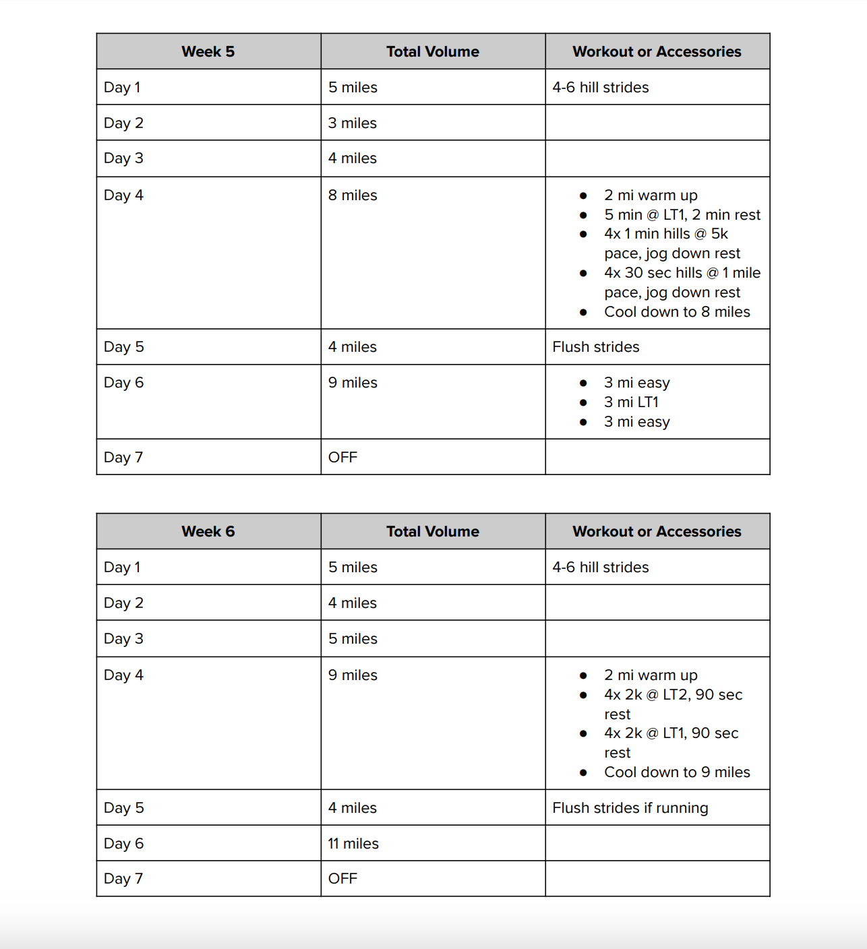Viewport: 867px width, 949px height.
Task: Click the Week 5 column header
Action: pyautogui.click(x=208, y=52)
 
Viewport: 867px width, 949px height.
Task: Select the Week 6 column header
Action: pyautogui.click(x=208, y=532)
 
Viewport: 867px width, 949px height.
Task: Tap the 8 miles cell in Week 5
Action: pyautogui.click(x=353, y=195)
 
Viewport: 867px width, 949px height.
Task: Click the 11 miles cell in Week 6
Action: pyautogui.click(x=353, y=844)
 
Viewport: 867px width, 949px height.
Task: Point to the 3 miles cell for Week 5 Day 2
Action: pyautogui.click(x=352, y=123)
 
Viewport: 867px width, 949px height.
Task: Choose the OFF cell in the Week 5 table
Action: pyautogui.click(x=342, y=458)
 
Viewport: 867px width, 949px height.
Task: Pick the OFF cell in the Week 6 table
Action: pyautogui.click(x=342, y=879)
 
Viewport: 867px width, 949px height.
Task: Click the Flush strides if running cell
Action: pyautogui.click(x=630, y=808)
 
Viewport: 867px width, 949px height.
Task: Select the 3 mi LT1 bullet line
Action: pyautogui.click(x=631, y=402)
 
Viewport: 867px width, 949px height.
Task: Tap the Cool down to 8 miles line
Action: pyautogui.click(x=676, y=312)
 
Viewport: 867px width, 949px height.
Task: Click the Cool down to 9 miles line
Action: pyautogui.click(x=676, y=772)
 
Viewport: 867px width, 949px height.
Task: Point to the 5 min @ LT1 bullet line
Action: pyautogui.click(x=682, y=215)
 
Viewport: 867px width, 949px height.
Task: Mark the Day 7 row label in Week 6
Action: pyautogui.click(x=123, y=879)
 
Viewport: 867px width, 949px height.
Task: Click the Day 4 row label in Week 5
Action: pyautogui.click(x=123, y=195)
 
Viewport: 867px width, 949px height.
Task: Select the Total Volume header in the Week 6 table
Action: pyautogui.click(x=432, y=532)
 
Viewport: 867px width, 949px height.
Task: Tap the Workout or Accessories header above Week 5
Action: pyautogui.click(x=657, y=52)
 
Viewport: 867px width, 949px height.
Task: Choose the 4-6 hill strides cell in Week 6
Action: pyautogui.click(x=600, y=568)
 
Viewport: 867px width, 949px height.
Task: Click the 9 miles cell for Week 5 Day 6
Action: pyautogui.click(x=353, y=383)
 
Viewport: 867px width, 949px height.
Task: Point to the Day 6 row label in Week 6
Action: pyautogui.click(x=123, y=844)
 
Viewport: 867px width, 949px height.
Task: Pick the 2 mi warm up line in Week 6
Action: pyautogui.click(x=651, y=675)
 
